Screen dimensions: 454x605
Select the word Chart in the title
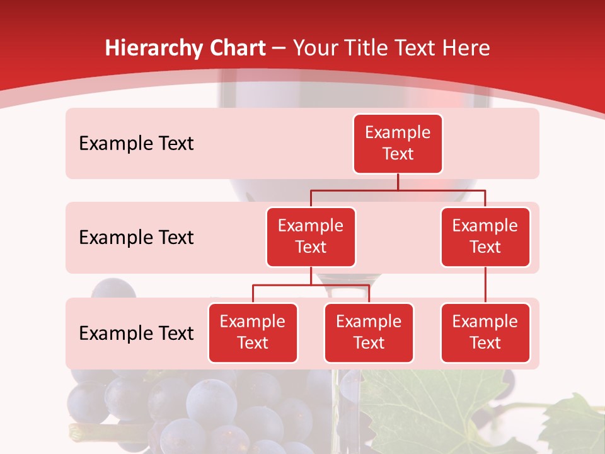pos(238,49)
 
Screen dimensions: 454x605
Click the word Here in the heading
pos(466,49)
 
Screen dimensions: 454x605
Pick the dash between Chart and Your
pos(279,49)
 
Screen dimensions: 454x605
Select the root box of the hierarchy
pos(398,143)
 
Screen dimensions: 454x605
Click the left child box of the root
pos(311,236)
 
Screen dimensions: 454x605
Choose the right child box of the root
pos(485,236)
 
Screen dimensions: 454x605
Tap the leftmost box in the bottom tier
pos(253,332)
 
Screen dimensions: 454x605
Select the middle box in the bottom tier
pos(369,332)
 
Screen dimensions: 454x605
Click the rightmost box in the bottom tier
pos(485,332)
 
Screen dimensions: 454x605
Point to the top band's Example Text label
pos(136,143)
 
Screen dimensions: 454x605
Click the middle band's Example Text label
pos(136,237)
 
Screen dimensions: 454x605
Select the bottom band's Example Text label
pos(136,333)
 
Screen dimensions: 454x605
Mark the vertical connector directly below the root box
pos(398,182)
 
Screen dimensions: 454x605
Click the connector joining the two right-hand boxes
pos(485,285)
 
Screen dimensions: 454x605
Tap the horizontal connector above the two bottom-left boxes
pos(311,285)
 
